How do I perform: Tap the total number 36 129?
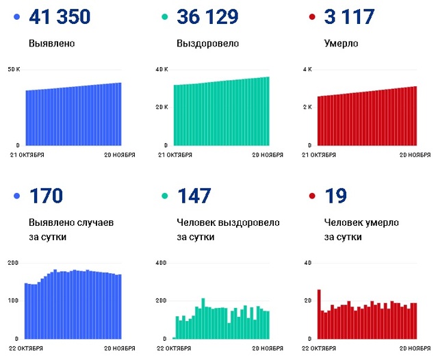pos(207,16)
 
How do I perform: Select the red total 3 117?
pos(349,16)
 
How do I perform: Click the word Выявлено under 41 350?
pos(52,44)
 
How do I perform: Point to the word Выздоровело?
pos(207,44)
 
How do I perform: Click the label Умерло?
pos(341,44)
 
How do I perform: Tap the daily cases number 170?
pos(47,196)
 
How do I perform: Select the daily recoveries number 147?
pos(195,196)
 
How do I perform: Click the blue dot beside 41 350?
pos(16,16)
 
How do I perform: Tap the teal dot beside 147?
pos(165,196)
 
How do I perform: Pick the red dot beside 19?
pos(312,196)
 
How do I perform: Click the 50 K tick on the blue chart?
pos(14,70)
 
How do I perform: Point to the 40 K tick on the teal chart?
pos(162,70)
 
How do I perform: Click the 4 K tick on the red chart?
pos(307,70)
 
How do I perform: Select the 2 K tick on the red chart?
pos(307,107)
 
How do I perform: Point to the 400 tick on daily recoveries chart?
pos(161,263)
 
